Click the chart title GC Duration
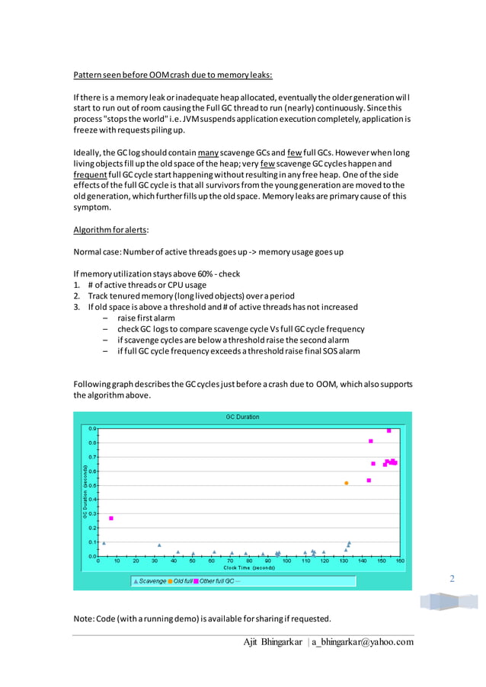(x=242, y=417)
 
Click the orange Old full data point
(x=347, y=483)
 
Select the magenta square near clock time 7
(x=111, y=519)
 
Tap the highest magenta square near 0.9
(x=388, y=430)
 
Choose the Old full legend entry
(x=181, y=581)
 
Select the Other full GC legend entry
(x=216, y=581)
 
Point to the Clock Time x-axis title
(x=248, y=567)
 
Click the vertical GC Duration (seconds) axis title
(x=85, y=491)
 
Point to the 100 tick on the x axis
(x=286, y=561)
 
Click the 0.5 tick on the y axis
(x=92, y=484)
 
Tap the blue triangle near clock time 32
(x=159, y=545)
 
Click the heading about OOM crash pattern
(x=173, y=75)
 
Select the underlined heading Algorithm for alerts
(x=111, y=229)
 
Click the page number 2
(x=452, y=579)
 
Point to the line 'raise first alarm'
(x=146, y=318)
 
